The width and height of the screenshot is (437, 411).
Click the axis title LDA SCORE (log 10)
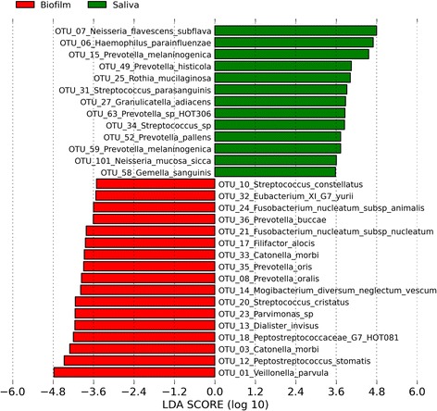point(215,404)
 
